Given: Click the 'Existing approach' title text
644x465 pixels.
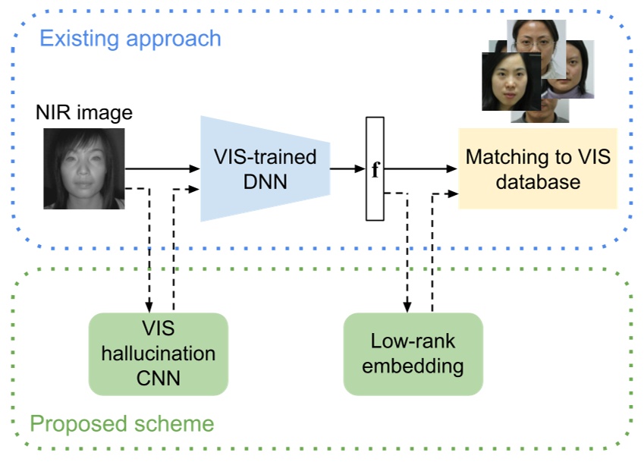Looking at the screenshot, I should pos(130,38).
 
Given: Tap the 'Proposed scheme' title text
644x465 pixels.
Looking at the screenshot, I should pos(121,423).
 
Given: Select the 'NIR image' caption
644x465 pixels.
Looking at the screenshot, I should pos(83,113).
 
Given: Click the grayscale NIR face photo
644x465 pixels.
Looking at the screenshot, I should pos(83,168).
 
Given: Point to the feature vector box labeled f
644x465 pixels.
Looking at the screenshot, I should pos(375,168).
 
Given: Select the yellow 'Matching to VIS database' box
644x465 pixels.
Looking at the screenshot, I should pos(537,169).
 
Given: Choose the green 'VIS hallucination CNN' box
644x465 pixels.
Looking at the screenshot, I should pos(158,353).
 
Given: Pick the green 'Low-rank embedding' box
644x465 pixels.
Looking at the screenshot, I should pos(413,353).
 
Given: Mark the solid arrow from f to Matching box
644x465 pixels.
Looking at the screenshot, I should pos(421,168).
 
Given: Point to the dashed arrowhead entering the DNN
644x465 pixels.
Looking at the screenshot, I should pos(194,188).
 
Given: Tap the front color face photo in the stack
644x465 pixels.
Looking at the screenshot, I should pos(510,81).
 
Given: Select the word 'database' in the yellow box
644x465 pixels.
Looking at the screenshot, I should pos(537,182).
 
